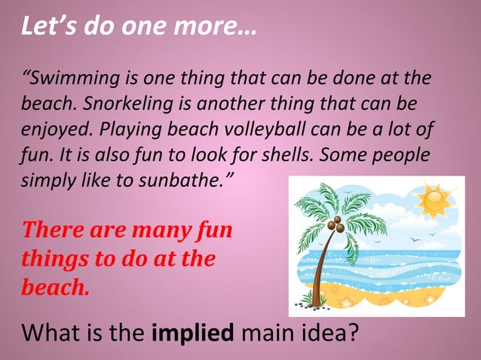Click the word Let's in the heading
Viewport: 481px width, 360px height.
point(47,27)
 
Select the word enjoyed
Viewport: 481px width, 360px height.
point(52,127)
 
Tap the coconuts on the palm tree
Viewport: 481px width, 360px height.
point(337,224)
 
